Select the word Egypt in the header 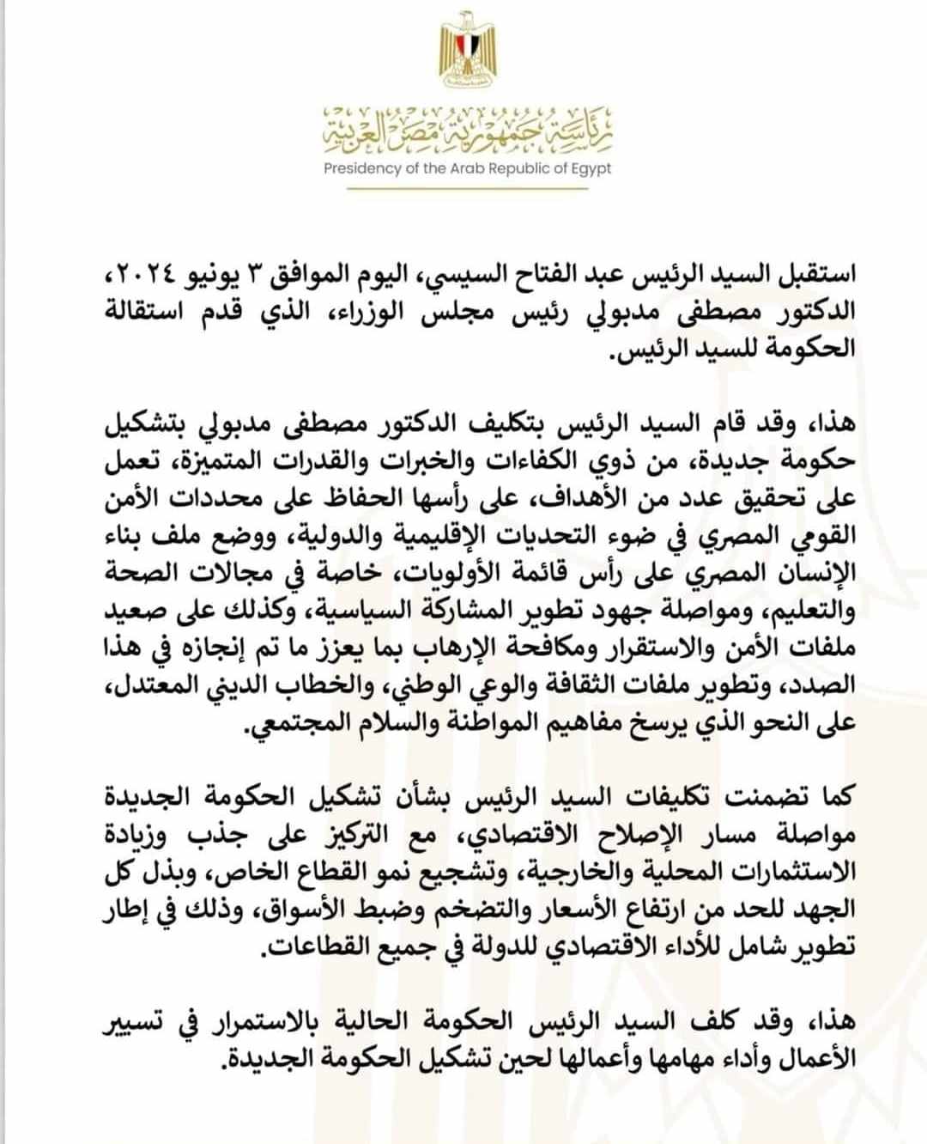pyautogui.click(x=591, y=168)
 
